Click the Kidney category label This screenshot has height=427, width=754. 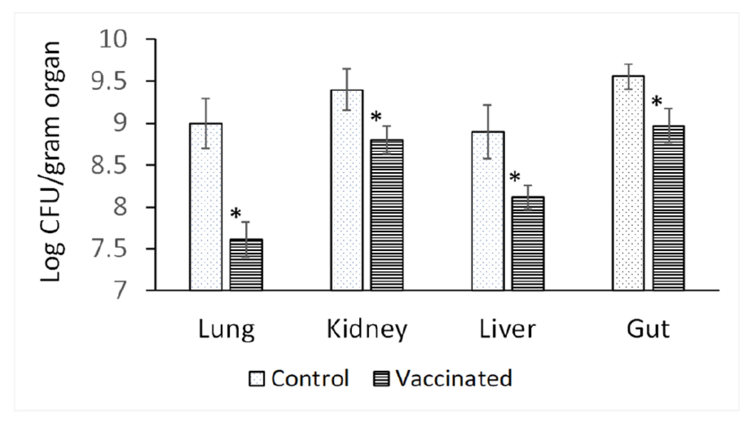click(367, 329)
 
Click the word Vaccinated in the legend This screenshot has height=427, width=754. click(454, 378)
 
